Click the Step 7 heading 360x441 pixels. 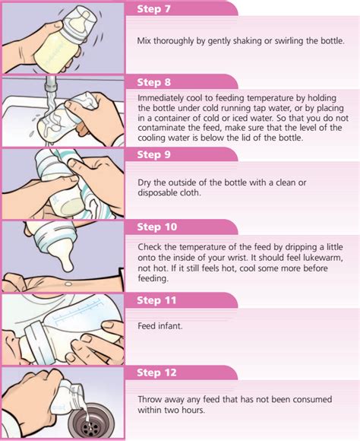point(156,9)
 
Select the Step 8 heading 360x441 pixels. point(156,82)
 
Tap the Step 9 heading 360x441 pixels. point(156,155)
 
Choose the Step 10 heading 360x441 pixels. point(158,227)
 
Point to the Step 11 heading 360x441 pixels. point(158,300)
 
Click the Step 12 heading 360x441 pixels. point(158,373)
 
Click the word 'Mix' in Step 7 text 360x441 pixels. point(146,41)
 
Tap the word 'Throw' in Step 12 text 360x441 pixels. point(150,399)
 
